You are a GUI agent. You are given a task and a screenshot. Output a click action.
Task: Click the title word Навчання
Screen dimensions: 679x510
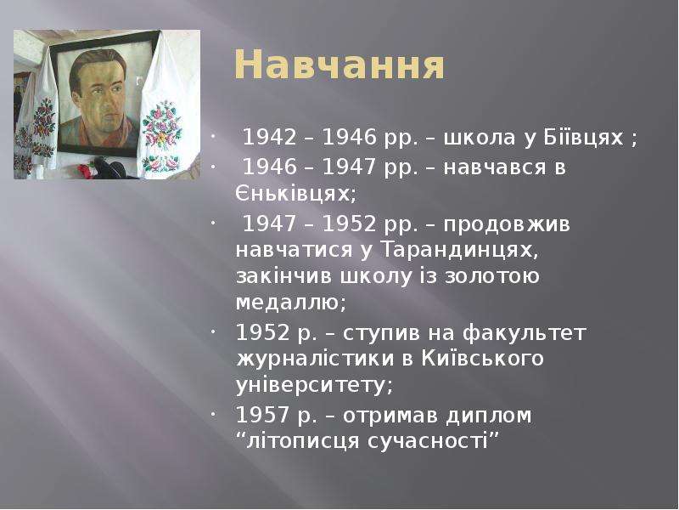[x=339, y=65]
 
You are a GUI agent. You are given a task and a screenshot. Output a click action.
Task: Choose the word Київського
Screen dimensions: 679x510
[x=482, y=359]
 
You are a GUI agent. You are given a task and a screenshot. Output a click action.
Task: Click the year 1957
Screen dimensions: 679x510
[x=262, y=415]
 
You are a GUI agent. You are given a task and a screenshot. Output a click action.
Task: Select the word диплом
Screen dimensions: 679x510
[x=489, y=416]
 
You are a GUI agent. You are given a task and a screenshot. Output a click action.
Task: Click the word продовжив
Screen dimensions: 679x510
[x=507, y=225]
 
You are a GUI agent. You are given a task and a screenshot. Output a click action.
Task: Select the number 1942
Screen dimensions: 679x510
[x=270, y=138]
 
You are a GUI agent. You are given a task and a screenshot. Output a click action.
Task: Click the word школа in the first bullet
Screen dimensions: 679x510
[x=479, y=138]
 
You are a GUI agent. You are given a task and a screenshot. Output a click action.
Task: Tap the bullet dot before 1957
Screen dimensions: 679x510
[x=213, y=415]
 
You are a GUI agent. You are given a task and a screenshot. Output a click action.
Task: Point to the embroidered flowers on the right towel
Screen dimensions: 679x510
[x=161, y=126]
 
